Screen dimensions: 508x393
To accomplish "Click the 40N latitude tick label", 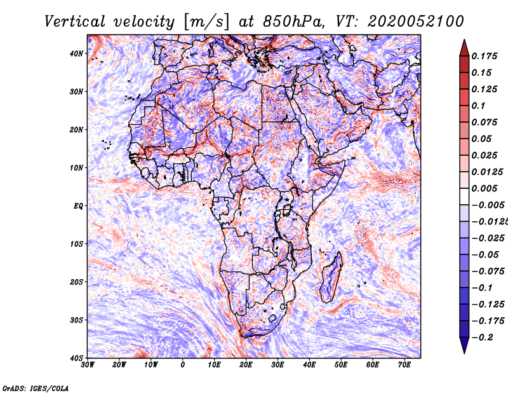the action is [76, 53].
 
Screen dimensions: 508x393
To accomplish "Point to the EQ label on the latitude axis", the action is [78, 206].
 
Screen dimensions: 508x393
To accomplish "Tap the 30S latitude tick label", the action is [76, 320].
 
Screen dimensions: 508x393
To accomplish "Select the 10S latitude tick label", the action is [76, 244].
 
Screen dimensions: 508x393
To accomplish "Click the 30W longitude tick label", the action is [88, 365].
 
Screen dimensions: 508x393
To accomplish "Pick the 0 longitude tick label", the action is [183, 365].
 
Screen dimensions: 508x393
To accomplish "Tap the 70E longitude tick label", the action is [404, 365].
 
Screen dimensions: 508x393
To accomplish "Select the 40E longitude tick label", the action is [309, 365].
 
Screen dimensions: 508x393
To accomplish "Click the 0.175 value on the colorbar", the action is [485, 56].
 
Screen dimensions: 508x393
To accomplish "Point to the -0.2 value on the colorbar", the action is [482, 337].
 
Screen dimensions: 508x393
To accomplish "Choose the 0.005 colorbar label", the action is [485, 188].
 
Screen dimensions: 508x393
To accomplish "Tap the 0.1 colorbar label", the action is [478, 106].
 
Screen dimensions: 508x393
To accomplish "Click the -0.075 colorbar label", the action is [488, 271].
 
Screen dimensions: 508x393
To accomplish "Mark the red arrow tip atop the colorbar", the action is [464, 40].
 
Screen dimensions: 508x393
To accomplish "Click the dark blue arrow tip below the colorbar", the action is [464, 353].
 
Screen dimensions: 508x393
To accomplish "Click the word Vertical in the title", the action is [75, 22].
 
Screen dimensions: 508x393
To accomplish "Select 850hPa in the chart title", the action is [293, 22].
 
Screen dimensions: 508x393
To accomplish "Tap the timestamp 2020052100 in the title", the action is [416, 22].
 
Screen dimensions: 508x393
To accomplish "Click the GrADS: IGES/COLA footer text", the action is [36, 388].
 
